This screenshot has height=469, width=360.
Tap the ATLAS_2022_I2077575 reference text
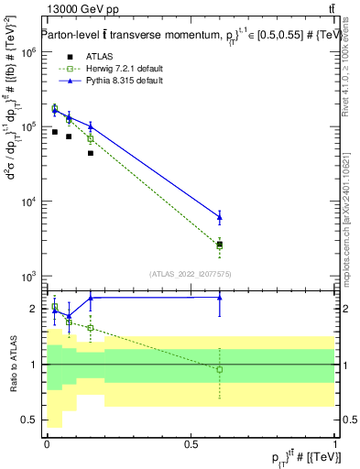[191, 273]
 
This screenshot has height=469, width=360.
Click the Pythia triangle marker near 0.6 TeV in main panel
[220, 217]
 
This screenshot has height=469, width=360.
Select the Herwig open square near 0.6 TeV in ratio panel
[220, 369]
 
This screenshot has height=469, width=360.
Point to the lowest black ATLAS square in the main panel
[220, 245]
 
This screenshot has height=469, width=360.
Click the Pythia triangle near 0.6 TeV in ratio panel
[220, 297]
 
